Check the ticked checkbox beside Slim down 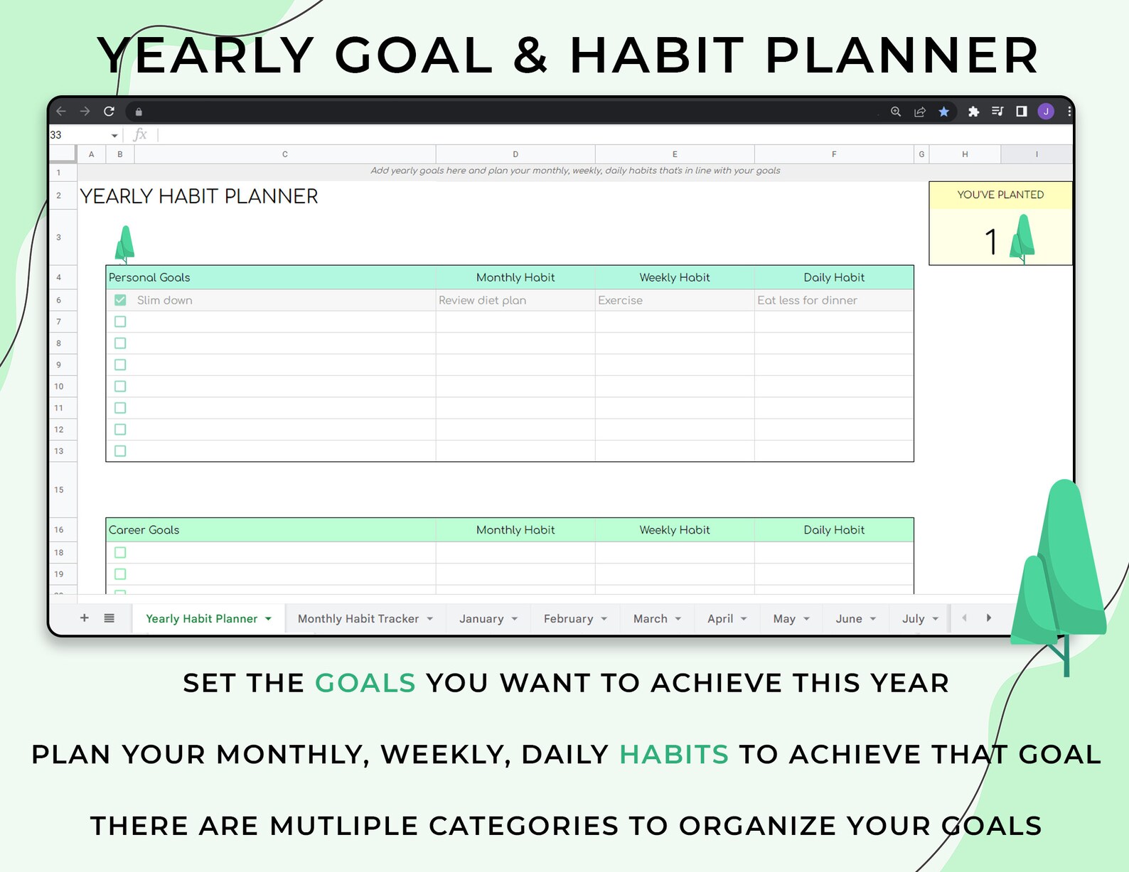point(120,300)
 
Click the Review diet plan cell point(515,300)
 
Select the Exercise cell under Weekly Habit point(675,300)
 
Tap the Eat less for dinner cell point(834,300)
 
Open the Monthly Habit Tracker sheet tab point(365,618)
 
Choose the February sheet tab point(574,618)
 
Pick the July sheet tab point(919,618)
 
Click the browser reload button point(109,111)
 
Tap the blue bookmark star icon point(943,112)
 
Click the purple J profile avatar point(1045,111)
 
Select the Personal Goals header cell point(271,277)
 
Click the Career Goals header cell point(271,529)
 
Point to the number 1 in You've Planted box point(991,242)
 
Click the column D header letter point(515,154)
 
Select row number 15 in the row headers point(59,489)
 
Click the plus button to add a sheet point(84,618)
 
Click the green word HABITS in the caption point(674,754)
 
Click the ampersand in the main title point(530,55)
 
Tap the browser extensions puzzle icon point(973,112)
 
